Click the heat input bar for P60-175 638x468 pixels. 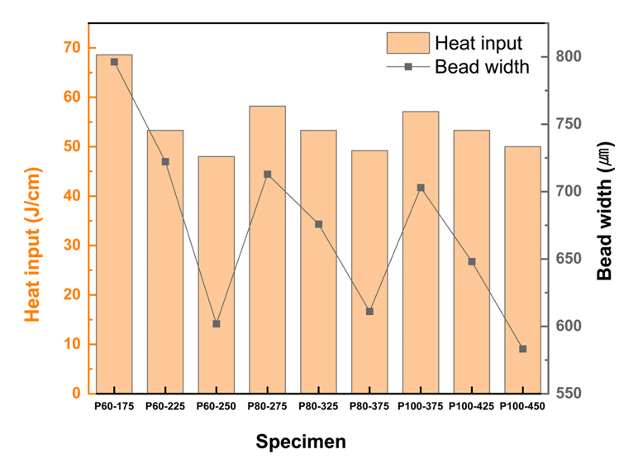coord(114,223)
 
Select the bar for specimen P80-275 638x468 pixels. coord(267,249)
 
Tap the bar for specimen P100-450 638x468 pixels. coord(522,270)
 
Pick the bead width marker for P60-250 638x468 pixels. coord(217,324)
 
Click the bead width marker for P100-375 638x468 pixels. coord(421,188)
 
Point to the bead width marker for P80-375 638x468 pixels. coord(369,312)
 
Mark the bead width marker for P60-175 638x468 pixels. coord(114,62)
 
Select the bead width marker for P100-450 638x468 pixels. coord(522,349)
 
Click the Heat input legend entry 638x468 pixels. coord(455,43)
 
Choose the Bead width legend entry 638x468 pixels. coord(455,67)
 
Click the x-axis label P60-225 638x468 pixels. coord(165,406)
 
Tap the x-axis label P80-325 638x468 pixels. coord(318,406)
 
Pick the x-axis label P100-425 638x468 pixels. coord(471,406)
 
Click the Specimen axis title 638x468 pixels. coord(300,442)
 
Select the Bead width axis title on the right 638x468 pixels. coord(608,219)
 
